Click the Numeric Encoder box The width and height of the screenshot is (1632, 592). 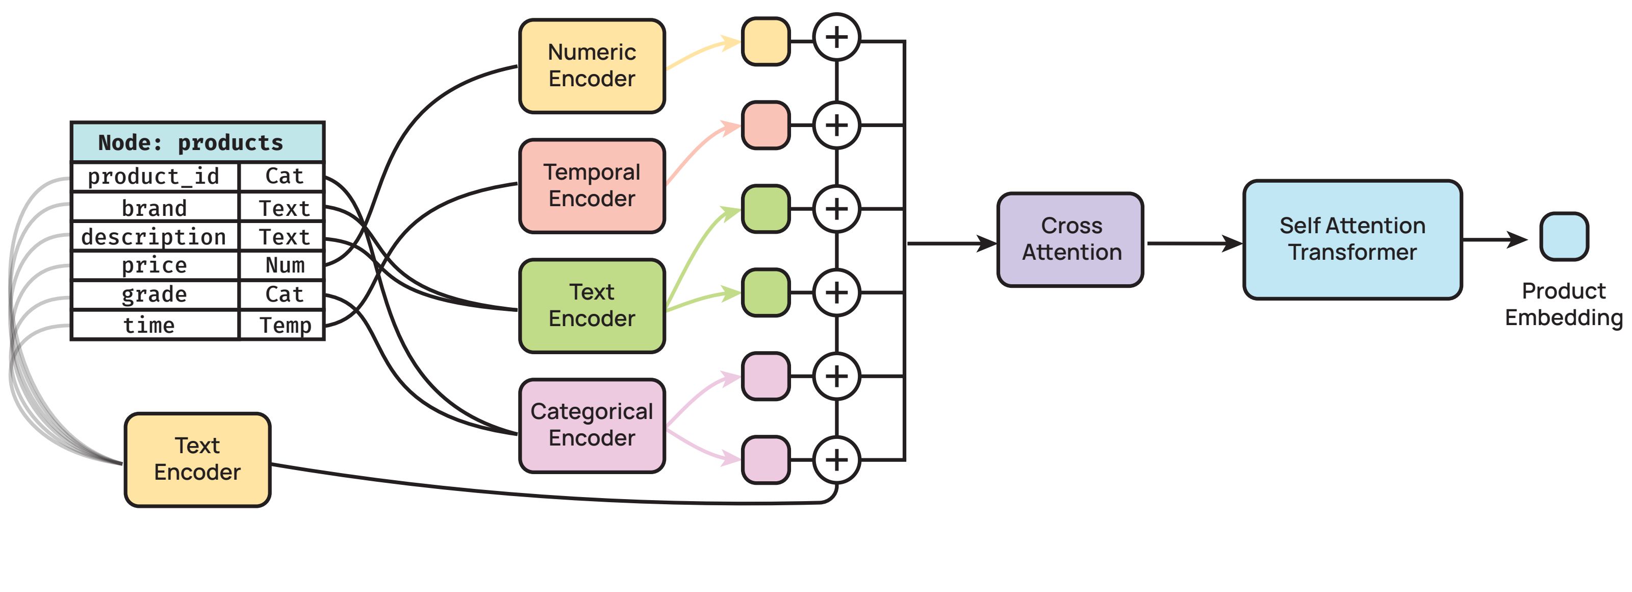[592, 66]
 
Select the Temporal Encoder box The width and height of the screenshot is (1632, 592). [592, 186]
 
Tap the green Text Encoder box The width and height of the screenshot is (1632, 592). [592, 306]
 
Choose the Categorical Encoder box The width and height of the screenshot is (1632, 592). [592, 425]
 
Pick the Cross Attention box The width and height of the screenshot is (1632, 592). [1070, 239]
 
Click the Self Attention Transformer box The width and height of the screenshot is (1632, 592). [1352, 239]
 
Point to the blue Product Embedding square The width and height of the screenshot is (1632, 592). [1564, 236]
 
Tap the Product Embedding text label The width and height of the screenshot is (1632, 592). [1564, 304]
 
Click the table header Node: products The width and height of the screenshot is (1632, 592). [197, 142]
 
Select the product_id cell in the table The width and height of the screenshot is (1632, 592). [155, 176]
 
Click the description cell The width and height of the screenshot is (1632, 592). [155, 236]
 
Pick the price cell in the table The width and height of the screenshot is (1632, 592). [155, 265]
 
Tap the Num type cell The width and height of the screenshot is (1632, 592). [285, 265]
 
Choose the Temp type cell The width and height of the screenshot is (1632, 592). [285, 325]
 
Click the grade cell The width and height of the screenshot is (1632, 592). [155, 294]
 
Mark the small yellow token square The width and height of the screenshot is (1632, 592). [766, 41]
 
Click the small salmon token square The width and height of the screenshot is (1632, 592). [766, 125]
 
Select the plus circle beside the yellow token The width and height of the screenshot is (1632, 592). [836, 37]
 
